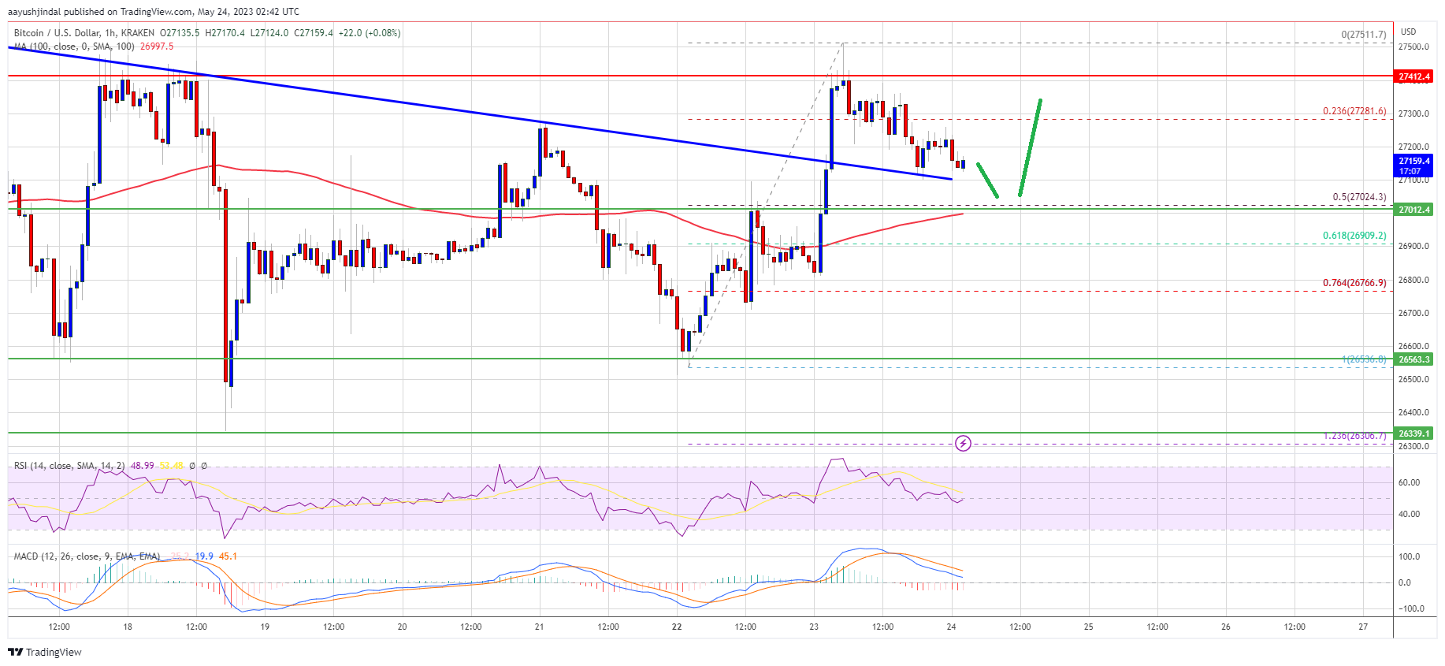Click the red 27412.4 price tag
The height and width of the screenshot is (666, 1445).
point(1413,76)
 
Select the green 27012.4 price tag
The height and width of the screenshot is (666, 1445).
point(1413,210)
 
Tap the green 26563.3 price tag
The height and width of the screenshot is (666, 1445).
point(1413,359)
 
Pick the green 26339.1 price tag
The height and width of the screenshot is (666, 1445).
point(1413,433)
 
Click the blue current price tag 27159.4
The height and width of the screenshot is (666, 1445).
point(1413,166)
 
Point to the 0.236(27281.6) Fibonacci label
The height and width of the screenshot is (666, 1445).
point(1354,111)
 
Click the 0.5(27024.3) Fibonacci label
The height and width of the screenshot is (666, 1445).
point(1359,197)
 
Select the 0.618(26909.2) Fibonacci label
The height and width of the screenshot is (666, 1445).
point(1354,236)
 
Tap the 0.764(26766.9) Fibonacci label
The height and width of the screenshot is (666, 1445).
point(1354,283)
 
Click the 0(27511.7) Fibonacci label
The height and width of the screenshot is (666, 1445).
point(1363,35)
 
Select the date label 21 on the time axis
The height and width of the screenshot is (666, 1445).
point(540,627)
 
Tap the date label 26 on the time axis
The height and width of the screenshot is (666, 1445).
point(1225,627)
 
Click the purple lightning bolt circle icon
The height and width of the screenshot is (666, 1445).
point(963,444)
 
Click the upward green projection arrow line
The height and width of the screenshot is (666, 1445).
point(1031,147)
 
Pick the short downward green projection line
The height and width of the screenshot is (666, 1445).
point(987,180)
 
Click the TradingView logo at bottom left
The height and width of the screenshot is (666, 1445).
point(45,652)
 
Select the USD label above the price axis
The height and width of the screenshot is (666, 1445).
point(1408,32)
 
